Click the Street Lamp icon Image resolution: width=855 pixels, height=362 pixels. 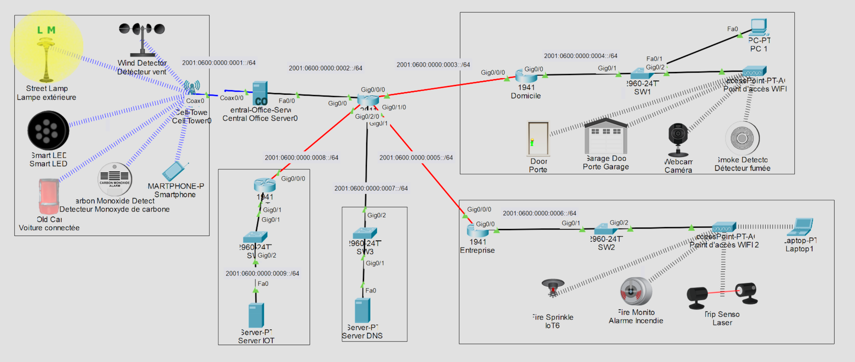tap(46, 60)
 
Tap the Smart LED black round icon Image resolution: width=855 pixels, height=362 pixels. tap(48, 131)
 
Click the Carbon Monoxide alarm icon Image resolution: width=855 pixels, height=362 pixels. tap(115, 179)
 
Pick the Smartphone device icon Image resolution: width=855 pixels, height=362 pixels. tap(174, 171)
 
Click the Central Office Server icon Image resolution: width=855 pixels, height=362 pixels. tap(260, 93)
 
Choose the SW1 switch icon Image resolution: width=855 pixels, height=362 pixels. tap(642, 74)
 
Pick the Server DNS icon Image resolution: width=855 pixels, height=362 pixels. tap(362, 310)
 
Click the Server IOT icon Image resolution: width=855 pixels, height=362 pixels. tap(256, 315)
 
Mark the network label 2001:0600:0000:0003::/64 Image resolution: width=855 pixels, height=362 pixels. tap(433, 65)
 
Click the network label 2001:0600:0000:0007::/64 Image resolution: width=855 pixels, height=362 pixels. tap(371, 188)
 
